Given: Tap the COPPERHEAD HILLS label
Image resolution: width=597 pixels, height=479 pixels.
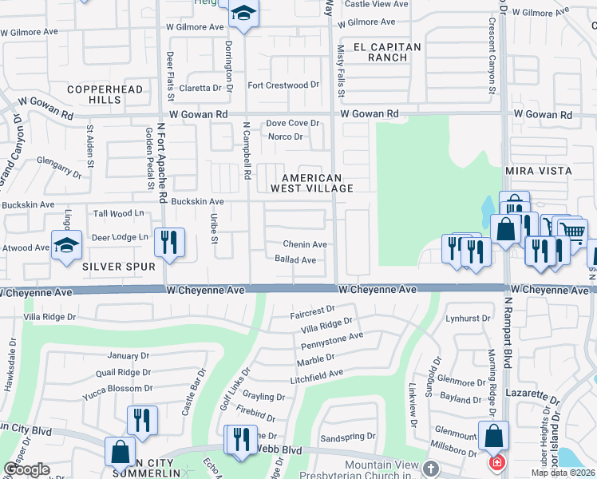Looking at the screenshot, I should coord(94,94).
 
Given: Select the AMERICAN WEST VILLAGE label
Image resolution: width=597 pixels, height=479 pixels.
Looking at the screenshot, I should coord(311,183).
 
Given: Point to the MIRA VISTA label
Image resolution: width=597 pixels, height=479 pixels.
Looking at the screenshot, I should coord(538,171).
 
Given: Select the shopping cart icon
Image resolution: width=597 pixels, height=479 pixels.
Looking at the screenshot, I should coord(571,231).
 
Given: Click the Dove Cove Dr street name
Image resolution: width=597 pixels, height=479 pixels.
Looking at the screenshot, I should coord(292,123).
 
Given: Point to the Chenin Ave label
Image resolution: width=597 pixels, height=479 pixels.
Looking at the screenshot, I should coord(305,244).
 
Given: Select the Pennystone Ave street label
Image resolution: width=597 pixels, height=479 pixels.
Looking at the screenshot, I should coord(332,342).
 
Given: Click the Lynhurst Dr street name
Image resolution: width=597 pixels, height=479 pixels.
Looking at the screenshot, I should coord(467,318).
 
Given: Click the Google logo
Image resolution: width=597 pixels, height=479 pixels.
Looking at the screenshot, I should coord(26,469).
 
